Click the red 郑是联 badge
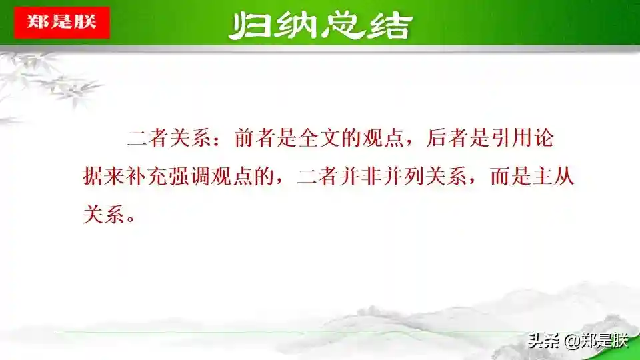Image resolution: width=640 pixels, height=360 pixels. pyautogui.click(x=62, y=23)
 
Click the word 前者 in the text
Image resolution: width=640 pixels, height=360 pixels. pyautogui.click(x=255, y=137)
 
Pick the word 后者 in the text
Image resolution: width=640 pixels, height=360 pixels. pyautogui.click(x=447, y=137)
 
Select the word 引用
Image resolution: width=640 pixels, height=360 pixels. pyautogui.click(x=511, y=137)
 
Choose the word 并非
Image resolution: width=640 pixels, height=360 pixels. pyautogui.click(x=361, y=177)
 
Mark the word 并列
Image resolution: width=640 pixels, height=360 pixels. pyautogui.click(x=403, y=177)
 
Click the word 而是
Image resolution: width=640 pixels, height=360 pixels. pyautogui.click(x=511, y=177)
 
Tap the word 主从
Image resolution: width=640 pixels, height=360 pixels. pyautogui.click(x=553, y=177)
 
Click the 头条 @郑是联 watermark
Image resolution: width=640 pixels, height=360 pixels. pyautogui.click(x=577, y=341)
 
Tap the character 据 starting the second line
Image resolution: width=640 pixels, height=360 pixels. pyautogui.click(x=93, y=177)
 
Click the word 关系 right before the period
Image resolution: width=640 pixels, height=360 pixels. pyautogui.click(x=104, y=214)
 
